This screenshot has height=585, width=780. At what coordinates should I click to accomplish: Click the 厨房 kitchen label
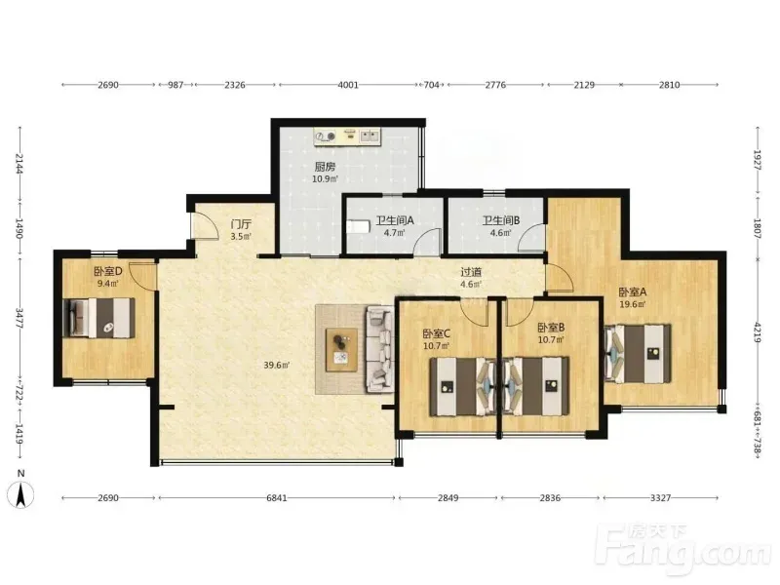[325, 167]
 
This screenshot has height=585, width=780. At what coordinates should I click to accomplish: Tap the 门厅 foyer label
[241, 224]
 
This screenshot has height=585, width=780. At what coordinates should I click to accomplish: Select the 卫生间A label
[395, 220]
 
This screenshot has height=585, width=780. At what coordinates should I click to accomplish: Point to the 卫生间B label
[501, 220]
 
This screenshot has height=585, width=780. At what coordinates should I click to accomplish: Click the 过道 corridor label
[471, 272]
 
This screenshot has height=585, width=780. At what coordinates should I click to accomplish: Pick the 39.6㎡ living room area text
[277, 365]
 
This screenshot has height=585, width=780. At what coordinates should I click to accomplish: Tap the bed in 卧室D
[99, 318]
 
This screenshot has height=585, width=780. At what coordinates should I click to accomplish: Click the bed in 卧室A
[638, 353]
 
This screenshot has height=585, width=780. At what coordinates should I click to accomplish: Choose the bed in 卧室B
[535, 386]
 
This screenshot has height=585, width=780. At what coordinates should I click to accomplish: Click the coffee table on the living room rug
[341, 350]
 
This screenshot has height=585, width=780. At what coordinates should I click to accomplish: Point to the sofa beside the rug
[379, 349]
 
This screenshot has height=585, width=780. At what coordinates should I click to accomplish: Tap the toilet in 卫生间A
[358, 227]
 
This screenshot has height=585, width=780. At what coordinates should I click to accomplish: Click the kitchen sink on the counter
[370, 135]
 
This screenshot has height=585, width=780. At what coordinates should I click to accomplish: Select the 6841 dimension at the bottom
[277, 498]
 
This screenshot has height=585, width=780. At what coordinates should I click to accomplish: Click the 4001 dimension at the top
[348, 85]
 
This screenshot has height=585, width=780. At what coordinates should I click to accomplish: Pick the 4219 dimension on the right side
[758, 332]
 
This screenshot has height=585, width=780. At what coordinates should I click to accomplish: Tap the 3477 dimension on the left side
[19, 319]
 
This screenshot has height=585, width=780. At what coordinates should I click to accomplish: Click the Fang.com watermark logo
[684, 549]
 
